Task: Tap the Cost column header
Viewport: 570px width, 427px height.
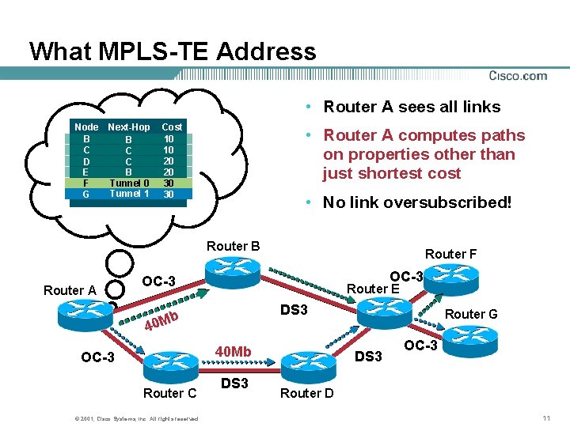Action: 171,127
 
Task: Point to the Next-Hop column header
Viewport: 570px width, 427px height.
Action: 129,127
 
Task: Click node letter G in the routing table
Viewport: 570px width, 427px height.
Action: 85,194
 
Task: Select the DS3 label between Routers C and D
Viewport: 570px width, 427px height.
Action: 234,384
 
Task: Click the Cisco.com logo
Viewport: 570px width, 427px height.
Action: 517,76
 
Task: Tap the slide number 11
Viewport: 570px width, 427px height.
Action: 546,417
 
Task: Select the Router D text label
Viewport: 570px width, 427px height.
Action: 307,393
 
